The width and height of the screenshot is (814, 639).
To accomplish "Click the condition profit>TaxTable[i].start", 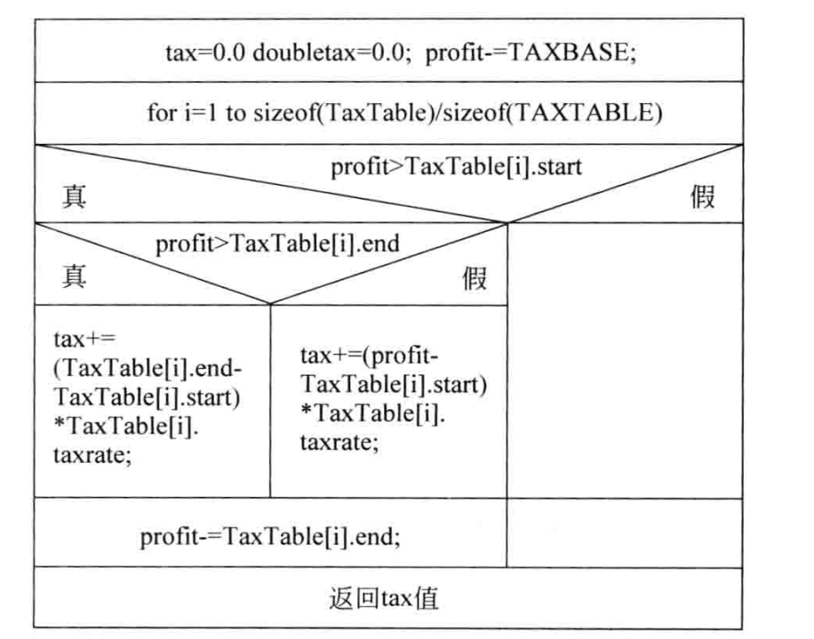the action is tap(457, 167).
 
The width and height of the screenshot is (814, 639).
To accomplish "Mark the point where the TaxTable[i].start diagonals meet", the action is tap(507, 223).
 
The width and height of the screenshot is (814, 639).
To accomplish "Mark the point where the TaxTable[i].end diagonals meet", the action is tap(270, 304).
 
